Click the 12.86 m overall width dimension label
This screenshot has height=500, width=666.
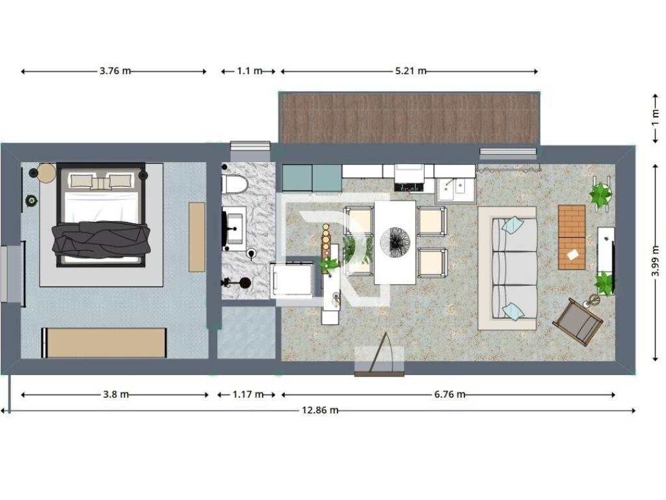[320, 410]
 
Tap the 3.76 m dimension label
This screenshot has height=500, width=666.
[115, 71]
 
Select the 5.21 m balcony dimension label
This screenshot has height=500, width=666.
[411, 71]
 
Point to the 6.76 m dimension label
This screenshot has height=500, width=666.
[449, 395]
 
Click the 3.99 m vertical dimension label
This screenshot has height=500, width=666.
[656, 260]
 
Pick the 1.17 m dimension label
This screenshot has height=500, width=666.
[248, 395]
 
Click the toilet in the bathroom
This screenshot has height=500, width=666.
[234, 184]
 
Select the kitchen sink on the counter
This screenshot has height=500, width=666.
[454, 189]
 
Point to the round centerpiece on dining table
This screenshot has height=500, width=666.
[395, 242]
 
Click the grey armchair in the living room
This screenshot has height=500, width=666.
[578, 322]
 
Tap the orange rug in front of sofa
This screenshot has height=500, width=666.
[571, 237]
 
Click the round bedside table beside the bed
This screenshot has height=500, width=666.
[46, 173]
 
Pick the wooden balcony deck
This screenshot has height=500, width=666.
[409, 118]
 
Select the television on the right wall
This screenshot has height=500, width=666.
[613, 257]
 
